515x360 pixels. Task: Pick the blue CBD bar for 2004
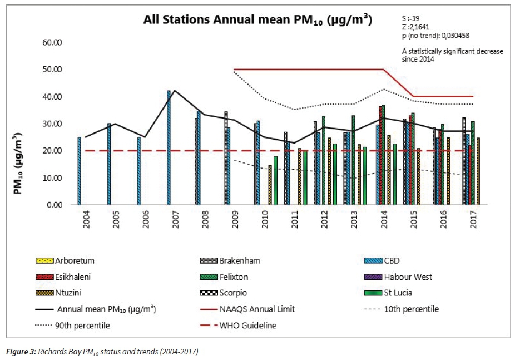[79, 171]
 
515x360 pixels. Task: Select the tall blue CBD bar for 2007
[169, 147]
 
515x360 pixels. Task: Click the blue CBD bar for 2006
[139, 171]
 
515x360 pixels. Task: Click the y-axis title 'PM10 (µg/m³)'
[19, 164]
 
